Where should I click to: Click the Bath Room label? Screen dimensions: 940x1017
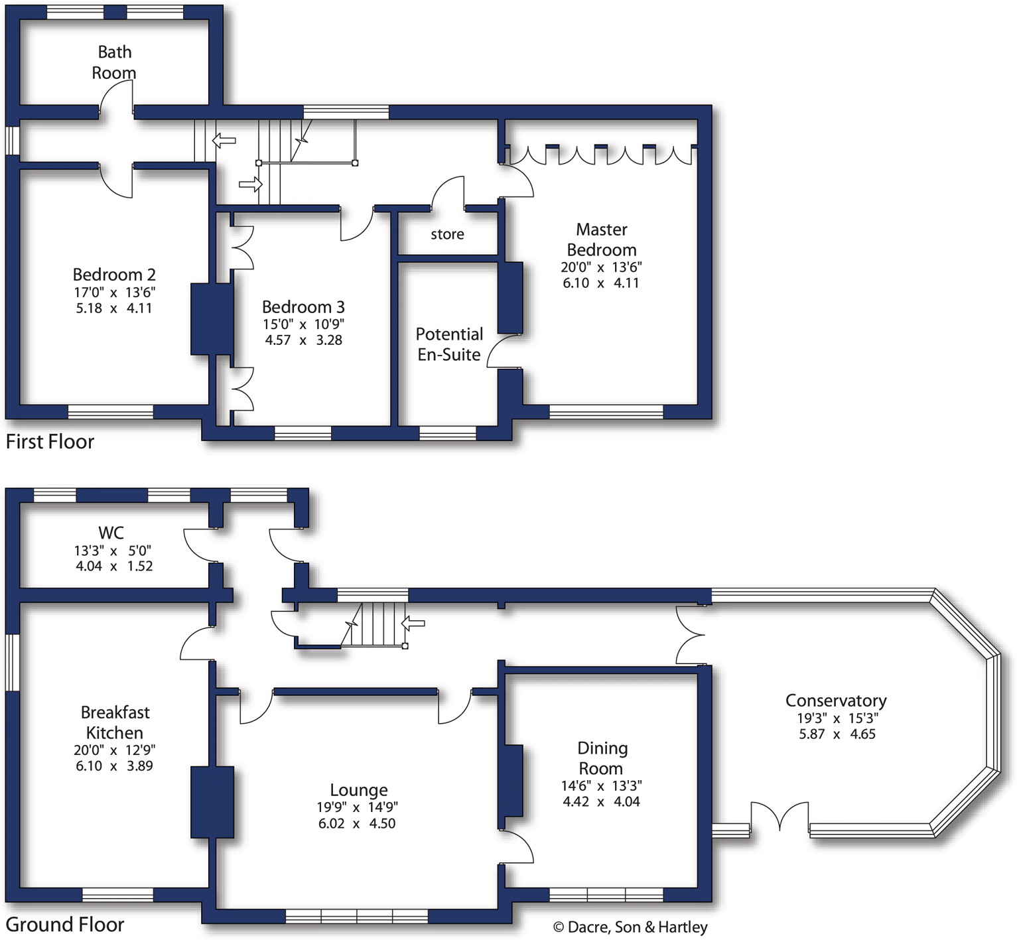coord(114,62)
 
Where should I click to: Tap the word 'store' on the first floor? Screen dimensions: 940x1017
coord(447,234)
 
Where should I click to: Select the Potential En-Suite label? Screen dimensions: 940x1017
coord(449,344)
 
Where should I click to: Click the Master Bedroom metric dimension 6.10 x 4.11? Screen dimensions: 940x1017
coord(601,283)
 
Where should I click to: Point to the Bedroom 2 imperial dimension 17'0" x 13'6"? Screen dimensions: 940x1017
coord(114,293)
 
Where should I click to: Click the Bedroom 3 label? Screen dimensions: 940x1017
coord(303,307)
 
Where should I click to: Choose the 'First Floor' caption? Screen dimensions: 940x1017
coord(50,442)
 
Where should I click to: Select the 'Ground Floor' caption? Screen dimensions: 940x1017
coord(65,925)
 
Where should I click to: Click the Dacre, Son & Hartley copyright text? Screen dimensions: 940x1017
coord(630,927)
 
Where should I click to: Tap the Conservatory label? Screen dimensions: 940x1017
coord(836,701)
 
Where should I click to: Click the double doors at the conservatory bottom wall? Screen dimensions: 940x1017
coord(780,817)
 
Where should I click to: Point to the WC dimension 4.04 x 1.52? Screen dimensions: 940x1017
coord(114,567)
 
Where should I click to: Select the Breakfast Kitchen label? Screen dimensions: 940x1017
coord(115,722)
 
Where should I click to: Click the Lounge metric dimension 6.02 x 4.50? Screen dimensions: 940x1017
coord(357,824)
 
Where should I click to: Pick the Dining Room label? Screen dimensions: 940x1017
coord(602,758)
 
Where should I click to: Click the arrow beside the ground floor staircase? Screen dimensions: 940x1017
coord(413,623)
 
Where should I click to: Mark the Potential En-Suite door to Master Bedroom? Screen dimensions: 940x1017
coord(504,351)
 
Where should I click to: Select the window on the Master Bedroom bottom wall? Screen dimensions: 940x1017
coord(606,412)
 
